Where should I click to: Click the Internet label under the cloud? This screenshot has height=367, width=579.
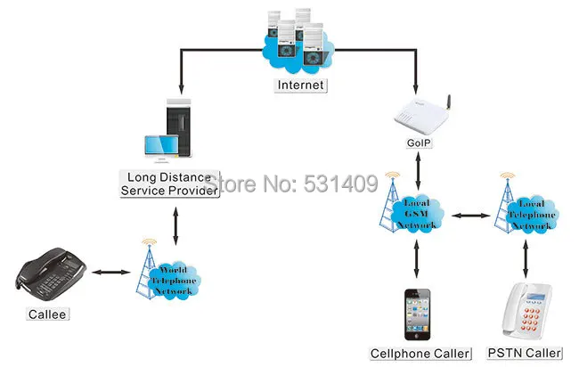300,86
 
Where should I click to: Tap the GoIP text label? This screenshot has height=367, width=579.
419,143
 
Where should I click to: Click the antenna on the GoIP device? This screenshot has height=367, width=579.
448,102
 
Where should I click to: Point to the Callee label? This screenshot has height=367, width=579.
47,314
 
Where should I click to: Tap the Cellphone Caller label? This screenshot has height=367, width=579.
420,354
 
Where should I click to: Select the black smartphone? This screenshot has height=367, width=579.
417,314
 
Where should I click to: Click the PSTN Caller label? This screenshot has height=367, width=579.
525,353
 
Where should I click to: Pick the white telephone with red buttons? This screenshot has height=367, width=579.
526,311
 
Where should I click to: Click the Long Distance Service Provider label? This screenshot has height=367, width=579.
169,183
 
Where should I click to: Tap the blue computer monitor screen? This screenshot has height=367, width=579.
161,145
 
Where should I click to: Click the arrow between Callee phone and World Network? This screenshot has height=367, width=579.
111,273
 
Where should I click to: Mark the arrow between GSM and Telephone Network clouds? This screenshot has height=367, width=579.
471,216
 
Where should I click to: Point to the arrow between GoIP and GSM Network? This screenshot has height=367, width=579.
418,170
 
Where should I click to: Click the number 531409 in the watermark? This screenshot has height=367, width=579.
340,183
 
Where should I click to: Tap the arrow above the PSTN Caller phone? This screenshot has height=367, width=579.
526,258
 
